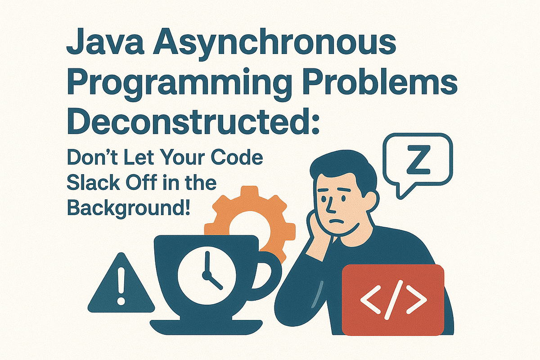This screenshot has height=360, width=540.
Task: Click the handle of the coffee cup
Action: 269,270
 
